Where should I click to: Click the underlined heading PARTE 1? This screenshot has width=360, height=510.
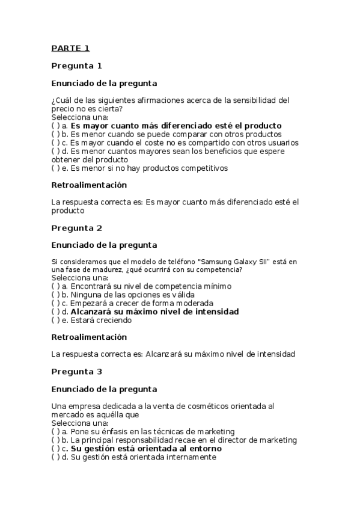click(x=70, y=48)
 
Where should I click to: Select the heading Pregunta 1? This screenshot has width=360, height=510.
click(x=76, y=66)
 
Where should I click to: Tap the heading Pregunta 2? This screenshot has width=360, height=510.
click(x=76, y=228)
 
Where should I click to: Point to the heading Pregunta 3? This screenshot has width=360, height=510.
click(x=76, y=371)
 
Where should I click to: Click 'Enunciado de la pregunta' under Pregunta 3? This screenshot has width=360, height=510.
click(x=104, y=389)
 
